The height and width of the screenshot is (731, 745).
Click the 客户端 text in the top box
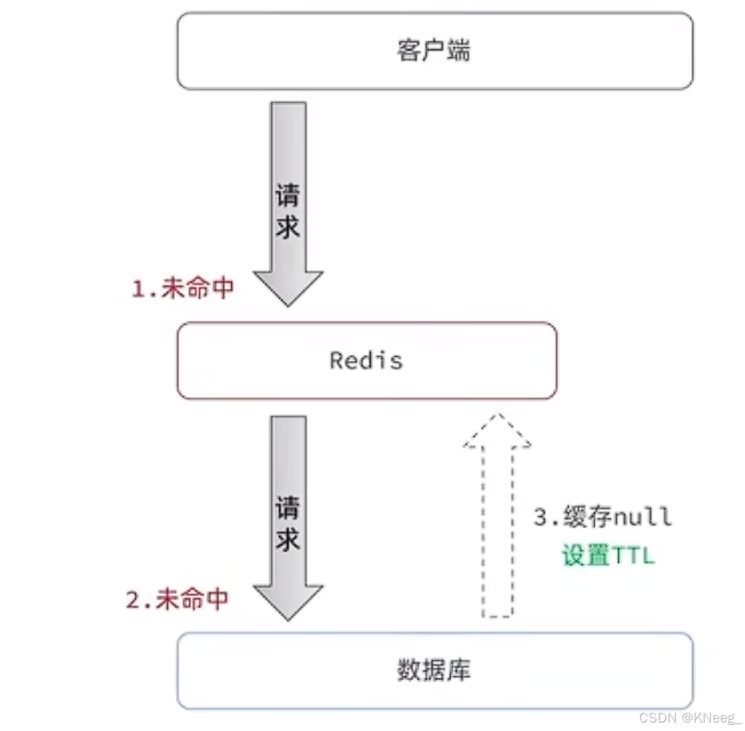434,51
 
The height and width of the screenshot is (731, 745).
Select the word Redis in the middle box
366,360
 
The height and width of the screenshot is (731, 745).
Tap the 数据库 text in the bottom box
434,670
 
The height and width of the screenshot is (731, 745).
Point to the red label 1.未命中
183,290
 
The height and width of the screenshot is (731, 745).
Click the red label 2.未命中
177,600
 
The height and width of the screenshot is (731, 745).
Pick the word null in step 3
642,517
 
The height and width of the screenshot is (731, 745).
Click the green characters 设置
586,556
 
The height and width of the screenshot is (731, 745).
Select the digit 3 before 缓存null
541,517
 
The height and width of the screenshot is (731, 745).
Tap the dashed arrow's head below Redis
497,431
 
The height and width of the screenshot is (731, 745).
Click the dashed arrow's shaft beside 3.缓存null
497,534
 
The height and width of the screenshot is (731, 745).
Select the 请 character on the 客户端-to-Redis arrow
287,196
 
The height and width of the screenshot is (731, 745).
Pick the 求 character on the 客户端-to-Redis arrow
287,226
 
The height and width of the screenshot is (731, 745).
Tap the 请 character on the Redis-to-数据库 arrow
287,508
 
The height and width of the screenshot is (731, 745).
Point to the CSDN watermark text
654,718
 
